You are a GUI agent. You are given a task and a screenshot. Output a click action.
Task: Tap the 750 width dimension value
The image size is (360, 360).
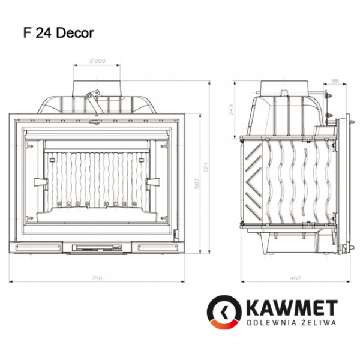tap(97, 278)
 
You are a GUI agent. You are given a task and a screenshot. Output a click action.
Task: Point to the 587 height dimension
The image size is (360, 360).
tap(196, 187)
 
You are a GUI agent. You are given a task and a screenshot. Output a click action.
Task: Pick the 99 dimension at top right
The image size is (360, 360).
tap(335, 79)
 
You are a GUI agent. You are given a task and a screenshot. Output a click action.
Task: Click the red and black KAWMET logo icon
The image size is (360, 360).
tap(225, 312)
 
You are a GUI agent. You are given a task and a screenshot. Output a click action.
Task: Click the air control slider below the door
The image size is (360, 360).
tap(97, 246)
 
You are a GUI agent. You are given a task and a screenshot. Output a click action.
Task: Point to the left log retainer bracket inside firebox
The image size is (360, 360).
tap(40, 181)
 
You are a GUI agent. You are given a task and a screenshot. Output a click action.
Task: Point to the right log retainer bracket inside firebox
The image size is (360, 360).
tap(153, 181)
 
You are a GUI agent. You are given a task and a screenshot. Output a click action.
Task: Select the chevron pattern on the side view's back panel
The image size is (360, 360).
tap(252, 174)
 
